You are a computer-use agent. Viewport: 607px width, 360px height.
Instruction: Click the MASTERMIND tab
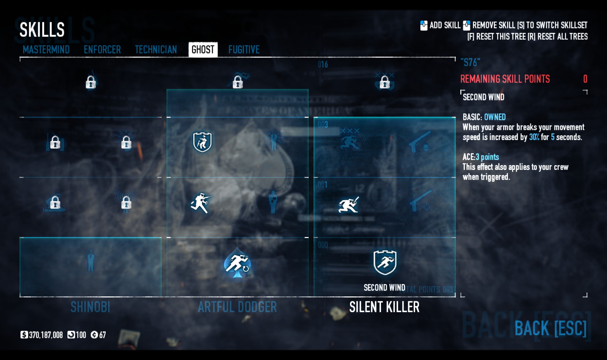[x=46, y=50]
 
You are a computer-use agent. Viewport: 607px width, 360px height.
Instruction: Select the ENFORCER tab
[x=102, y=50]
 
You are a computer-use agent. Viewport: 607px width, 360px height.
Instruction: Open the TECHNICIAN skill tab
[x=156, y=50]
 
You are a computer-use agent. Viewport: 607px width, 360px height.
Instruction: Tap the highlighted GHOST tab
[x=203, y=50]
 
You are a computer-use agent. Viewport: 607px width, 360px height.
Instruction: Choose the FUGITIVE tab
[x=244, y=50]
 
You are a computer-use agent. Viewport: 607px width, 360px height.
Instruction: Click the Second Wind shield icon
[x=385, y=262]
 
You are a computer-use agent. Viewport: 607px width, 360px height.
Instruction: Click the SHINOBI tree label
[x=90, y=307]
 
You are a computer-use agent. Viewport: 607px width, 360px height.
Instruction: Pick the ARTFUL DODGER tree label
[x=237, y=307]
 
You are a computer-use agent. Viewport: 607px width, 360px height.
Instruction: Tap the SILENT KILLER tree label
[x=384, y=307]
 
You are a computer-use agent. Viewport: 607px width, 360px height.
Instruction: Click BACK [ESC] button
[x=550, y=328]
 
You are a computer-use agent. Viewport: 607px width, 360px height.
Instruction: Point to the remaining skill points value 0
[x=585, y=79]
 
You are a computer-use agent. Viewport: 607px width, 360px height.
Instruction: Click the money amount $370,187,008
[x=46, y=335]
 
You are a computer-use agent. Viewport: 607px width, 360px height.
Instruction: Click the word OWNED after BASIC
[x=495, y=117]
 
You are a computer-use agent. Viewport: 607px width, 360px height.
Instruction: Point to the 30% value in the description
[x=534, y=137]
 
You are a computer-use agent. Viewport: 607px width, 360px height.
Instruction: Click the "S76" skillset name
[x=470, y=63]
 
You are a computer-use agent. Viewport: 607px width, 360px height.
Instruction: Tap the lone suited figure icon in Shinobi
[x=91, y=261]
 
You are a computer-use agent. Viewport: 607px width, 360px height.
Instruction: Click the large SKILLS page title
[x=42, y=30]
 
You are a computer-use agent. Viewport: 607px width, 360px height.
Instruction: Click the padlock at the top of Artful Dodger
[x=238, y=82]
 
